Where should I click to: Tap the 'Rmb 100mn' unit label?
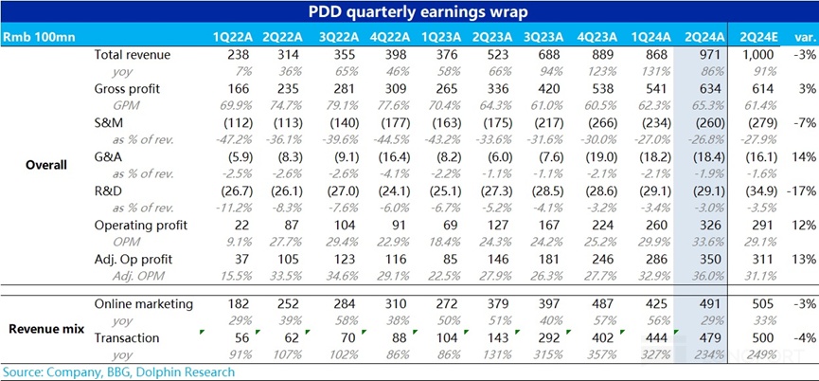click(x=33, y=37)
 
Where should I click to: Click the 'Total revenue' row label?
click(x=133, y=56)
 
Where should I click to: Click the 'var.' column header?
click(x=805, y=37)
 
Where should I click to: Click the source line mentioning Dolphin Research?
click(x=118, y=372)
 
